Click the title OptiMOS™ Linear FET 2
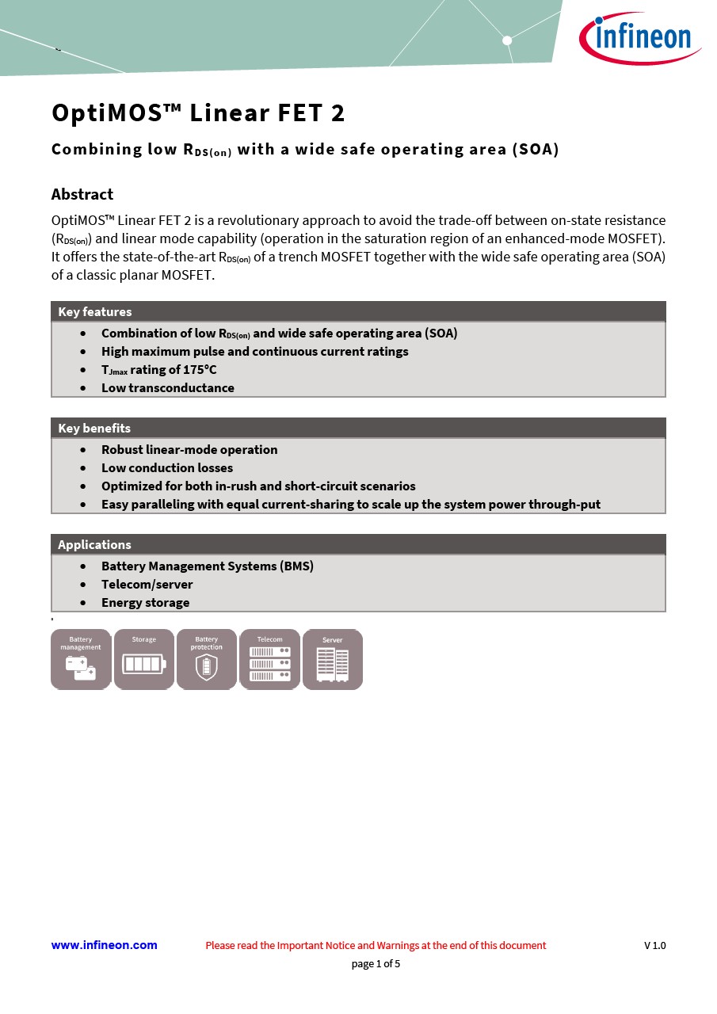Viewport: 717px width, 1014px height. point(198,113)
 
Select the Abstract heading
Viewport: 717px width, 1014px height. point(82,194)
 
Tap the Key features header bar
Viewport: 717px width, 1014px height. point(358,311)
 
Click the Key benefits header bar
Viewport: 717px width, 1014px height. point(358,428)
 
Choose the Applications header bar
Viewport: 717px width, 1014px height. point(358,544)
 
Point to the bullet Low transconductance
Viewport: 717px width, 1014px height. point(167,387)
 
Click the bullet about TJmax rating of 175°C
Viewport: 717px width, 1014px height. point(158,370)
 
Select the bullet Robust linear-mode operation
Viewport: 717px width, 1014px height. point(189,449)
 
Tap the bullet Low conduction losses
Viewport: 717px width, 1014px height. point(167,467)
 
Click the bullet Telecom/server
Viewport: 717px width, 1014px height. point(147,584)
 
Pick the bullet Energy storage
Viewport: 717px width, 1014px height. point(145,602)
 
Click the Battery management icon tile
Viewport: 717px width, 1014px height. point(81,659)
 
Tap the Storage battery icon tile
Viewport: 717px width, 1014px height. point(144,659)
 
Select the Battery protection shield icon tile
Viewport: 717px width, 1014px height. point(207,659)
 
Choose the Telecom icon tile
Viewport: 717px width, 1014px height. point(269,659)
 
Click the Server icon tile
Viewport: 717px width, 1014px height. point(333,659)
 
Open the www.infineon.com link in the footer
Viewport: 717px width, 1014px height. point(104,945)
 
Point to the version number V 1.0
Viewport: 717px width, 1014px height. point(654,945)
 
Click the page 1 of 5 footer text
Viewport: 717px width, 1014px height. point(376,964)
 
